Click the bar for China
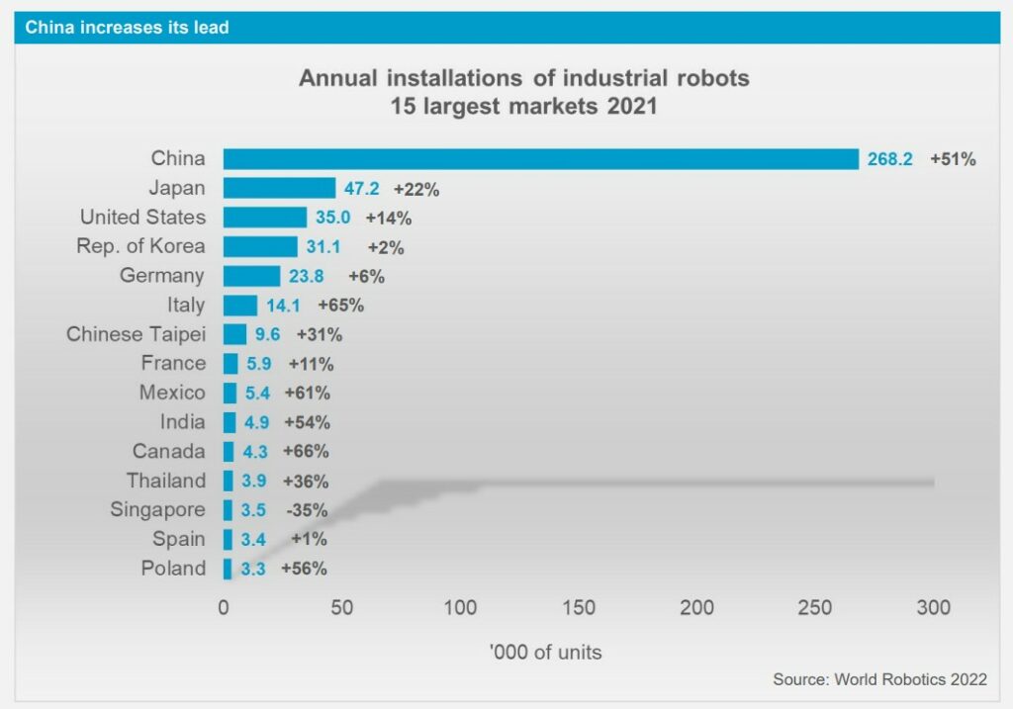coord(540,158)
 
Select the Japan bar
coord(279,188)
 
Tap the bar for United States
coord(264,218)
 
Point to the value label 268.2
coord(890,158)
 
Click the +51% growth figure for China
coord(953,158)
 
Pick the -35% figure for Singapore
coord(307,510)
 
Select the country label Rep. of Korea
coord(141,246)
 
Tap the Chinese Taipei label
coord(137,334)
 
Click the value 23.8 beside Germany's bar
coord(307,276)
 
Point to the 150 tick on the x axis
coord(579,607)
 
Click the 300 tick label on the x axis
coord(934,607)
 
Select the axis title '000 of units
coord(546,653)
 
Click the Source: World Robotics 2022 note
coord(879,679)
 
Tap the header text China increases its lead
coord(127,28)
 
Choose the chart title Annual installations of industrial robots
coord(524,78)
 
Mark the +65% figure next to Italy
coord(341,306)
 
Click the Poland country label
coord(173,569)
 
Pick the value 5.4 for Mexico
coord(256,393)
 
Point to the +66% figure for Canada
coord(307,452)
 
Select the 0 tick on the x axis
coord(224,607)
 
